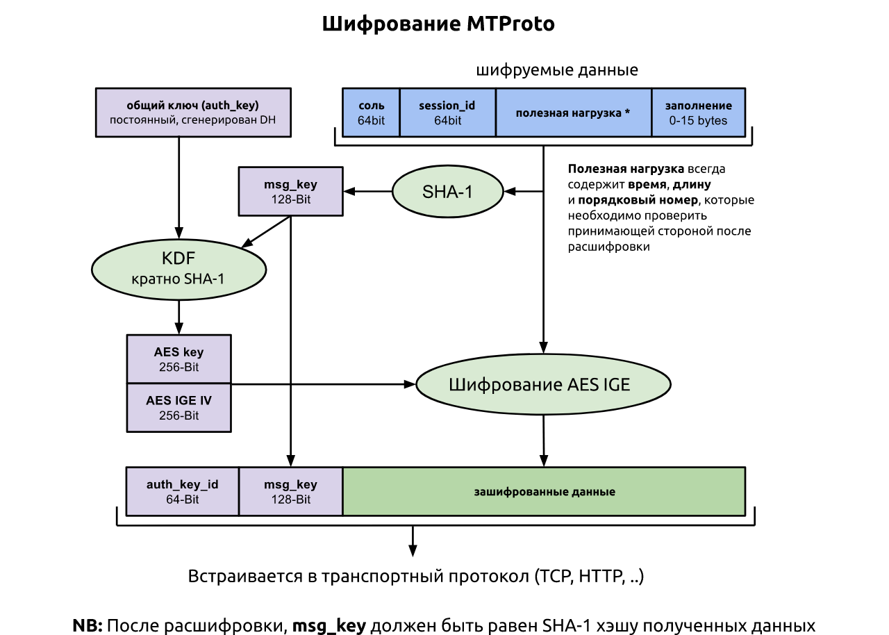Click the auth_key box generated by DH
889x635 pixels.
click(193, 113)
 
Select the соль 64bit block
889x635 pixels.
click(371, 113)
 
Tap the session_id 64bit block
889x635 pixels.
click(448, 113)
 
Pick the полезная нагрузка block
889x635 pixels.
click(574, 113)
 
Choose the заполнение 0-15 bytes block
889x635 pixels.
click(699, 113)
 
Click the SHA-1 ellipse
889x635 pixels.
click(448, 192)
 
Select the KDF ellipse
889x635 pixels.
click(178, 270)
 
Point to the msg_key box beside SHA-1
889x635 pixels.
click(291, 191)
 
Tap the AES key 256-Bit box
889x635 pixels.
click(179, 358)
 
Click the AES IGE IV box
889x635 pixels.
click(179, 408)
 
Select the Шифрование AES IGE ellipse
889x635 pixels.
click(543, 384)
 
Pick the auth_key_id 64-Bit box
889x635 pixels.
click(183, 491)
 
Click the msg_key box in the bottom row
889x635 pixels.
click(291, 491)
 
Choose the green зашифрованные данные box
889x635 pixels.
click(544, 491)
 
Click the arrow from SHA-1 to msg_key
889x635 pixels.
click(368, 191)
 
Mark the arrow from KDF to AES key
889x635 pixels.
click(178, 317)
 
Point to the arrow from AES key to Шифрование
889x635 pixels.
click(324, 384)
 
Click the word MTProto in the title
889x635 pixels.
click(510, 24)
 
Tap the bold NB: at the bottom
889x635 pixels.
click(88, 625)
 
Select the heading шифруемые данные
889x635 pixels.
click(557, 70)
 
